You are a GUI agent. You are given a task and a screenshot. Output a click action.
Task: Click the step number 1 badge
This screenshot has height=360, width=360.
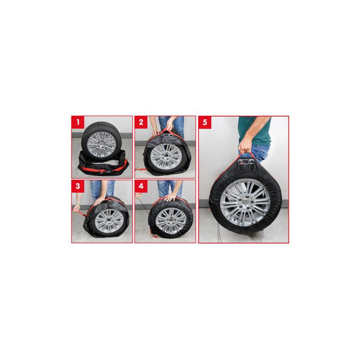78,122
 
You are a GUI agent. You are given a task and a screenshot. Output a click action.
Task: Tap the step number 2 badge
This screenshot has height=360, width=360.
141,122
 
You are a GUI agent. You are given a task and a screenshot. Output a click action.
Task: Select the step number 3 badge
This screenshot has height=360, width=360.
78,186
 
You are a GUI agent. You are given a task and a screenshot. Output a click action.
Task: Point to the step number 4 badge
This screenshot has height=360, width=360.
141,186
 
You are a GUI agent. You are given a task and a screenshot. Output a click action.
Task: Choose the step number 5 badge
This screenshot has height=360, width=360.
205,122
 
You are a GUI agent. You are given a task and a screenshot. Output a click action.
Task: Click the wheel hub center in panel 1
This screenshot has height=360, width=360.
101,145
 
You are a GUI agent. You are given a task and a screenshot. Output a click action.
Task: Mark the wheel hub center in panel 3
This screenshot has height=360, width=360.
109,222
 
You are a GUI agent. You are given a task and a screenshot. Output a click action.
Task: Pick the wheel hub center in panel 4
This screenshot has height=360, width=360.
171,220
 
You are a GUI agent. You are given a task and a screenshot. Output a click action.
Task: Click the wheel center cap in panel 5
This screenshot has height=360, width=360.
245,202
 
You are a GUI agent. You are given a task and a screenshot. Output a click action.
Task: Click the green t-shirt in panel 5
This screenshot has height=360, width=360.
254,131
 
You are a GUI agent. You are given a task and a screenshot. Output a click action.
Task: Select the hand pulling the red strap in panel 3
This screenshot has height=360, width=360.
77,208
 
